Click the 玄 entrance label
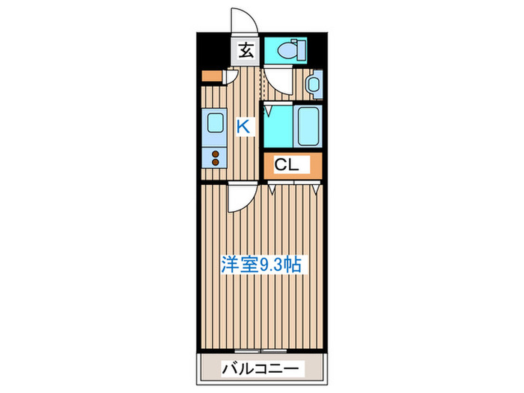click(x=245, y=51)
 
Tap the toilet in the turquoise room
click(x=285, y=50)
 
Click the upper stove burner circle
click(x=216, y=156)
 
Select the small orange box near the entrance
click(x=212, y=76)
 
